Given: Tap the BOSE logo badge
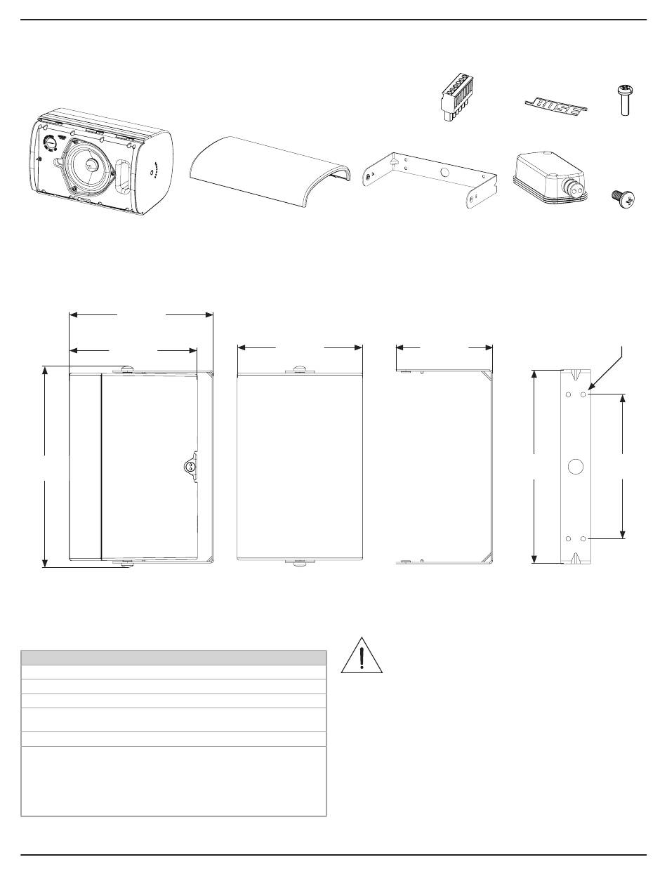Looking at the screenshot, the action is [x=558, y=105].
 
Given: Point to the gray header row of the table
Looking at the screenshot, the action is [x=173, y=657].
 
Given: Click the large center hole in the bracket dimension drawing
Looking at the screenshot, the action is [x=575, y=466].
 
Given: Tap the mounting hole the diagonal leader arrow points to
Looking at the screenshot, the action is [x=584, y=394].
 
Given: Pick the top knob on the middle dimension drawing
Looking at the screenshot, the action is [x=300, y=369].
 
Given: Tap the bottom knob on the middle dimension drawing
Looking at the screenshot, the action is [x=300, y=562].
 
